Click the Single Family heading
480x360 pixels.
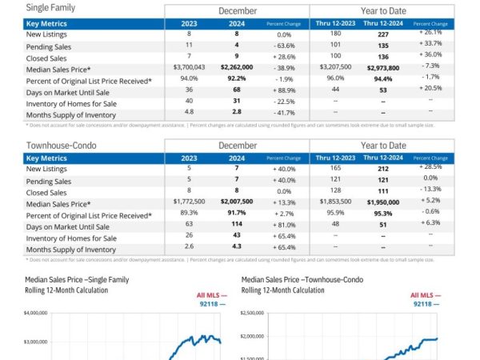[x=50, y=9]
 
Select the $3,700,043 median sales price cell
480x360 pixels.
[x=189, y=67]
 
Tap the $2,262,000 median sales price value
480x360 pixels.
[x=238, y=67]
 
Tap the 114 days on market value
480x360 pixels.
[x=238, y=226]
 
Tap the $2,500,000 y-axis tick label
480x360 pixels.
[x=253, y=314]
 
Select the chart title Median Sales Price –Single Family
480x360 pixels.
[x=77, y=280]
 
